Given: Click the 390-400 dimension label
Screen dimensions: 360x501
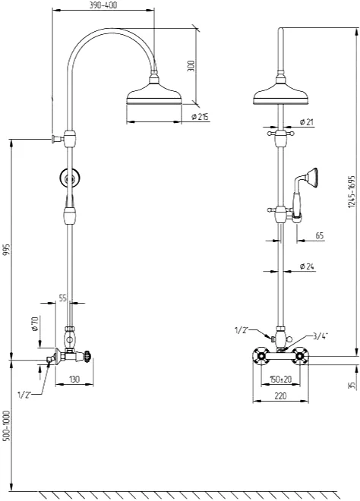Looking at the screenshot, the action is tap(103, 5).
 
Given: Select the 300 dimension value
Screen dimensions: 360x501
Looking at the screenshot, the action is tap(191, 66).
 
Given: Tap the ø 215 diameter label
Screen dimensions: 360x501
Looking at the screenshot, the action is tap(201, 117).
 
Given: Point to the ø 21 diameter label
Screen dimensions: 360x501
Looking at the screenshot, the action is tap(306, 122).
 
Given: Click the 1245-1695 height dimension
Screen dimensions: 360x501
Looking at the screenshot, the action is tap(352, 191).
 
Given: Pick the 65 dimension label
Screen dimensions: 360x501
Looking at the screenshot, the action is tap(320, 236).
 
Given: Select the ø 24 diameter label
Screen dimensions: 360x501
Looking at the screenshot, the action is tap(307, 266).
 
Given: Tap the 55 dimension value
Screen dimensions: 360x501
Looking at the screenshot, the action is tap(63, 298).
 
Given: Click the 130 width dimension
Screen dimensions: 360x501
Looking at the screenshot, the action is tap(74, 380).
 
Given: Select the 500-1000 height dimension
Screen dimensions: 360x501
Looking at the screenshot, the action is tap(7, 425).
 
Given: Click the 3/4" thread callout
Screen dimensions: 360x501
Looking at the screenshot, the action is tap(321, 336).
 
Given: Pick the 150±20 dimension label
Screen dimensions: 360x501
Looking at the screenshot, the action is tap(281, 380).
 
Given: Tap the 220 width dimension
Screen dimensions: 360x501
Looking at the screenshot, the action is tap(280, 396).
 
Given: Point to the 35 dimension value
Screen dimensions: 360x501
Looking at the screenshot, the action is tap(352, 385).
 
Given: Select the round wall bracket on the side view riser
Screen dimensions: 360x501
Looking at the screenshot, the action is tap(70, 178).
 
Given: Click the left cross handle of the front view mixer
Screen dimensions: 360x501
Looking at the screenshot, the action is tap(262, 355).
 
